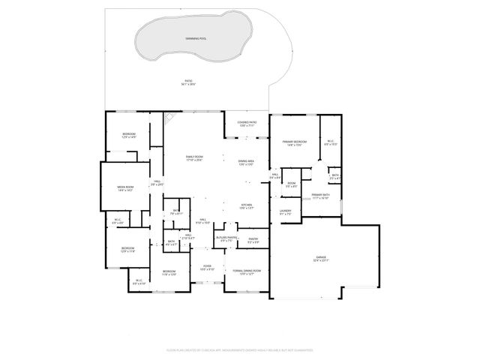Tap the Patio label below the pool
pyautogui.click(x=188, y=82)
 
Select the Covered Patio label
pyautogui.click(x=247, y=124)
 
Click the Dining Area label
pyautogui.click(x=246, y=163)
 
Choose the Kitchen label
pyautogui.click(x=246, y=206)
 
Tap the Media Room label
pyautogui.click(x=124, y=188)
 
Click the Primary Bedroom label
pyautogui.click(x=294, y=143)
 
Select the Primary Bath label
pyautogui.click(x=321, y=196)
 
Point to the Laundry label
pyautogui.click(x=285, y=212)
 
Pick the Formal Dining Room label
pyautogui.click(x=246, y=271)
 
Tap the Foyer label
pyautogui.click(x=207, y=267)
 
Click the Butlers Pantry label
pyautogui.click(x=228, y=239)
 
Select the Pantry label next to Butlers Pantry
pyautogui.click(x=253, y=240)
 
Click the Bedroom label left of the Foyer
pyautogui.click(x=169, y=272)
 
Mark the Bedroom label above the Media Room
pyautogui.click(x=129, y=136)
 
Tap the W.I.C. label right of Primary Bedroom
pyautogui.click(x=330, y=142)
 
